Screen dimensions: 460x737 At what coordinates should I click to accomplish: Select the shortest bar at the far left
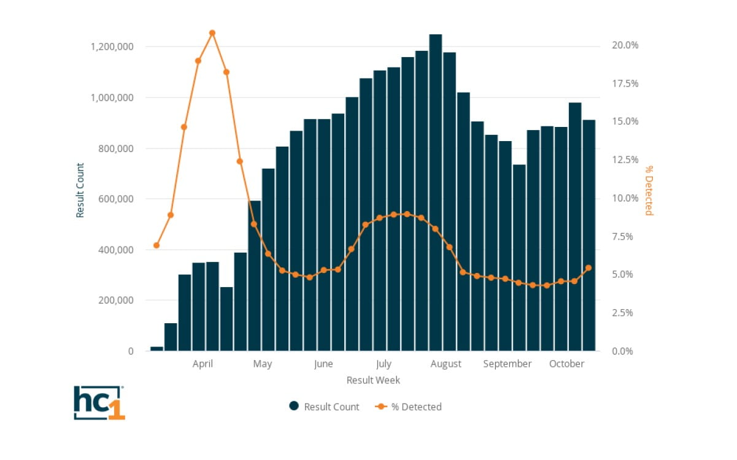pyautogui.click(x=156, y=348)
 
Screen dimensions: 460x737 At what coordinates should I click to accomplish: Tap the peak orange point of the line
pyautogui.click(x=212, y=33)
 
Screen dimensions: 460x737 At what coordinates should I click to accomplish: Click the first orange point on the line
pyautogui.click(x=156, y=245)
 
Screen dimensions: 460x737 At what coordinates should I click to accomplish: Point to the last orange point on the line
pyautogui.click(x=588, y=267)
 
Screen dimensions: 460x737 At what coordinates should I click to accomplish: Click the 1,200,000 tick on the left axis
pyautogui.click(x=112, y=47)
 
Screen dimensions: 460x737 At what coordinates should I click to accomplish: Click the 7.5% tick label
pyautogui.click(x=626, y=236)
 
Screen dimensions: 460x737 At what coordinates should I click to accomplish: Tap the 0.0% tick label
pyautogui.click(x=626, y=351)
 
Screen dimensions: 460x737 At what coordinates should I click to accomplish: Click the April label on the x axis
pyautogui.click(x=203, y=364)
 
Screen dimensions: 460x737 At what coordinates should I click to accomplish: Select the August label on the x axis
pyautogui.click(x=446, y=364)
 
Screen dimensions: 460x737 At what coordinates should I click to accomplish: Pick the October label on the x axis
pyautogui.click(x=566, y=364)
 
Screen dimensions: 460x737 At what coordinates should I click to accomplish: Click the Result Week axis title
pyautogui.click(x=373, y=380)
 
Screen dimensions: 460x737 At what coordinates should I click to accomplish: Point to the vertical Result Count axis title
pyautogui.click(x=80, y=190)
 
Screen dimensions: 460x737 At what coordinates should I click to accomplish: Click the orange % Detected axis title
pyautogui.click(x=649, y=190)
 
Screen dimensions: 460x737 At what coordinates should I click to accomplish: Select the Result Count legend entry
pyautogui.click(x=324, y=407)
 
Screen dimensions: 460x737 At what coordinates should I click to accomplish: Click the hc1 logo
pyautogui.click(x=99, y=402)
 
